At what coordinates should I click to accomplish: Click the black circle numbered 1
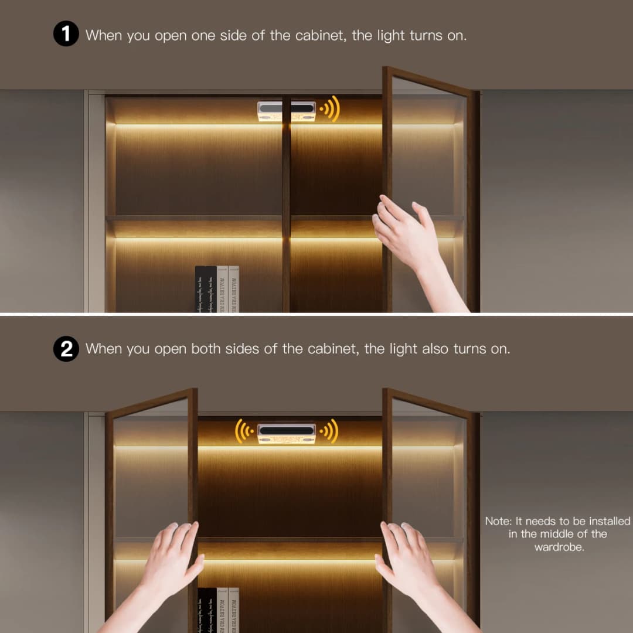pyautogui.click(x=66, y=35)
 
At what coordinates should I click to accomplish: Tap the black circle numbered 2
pyautogui.click(x=66, y=349)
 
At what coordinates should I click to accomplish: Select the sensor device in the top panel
pyautogui.click(x=287, y=111)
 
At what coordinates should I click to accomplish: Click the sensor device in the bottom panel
pyautogui.click(x=287, y=433)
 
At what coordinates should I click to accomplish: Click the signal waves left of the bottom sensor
pyautogui.click(x=244, y=431)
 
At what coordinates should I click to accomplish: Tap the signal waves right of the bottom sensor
pyautogui.click(x=329, y=431)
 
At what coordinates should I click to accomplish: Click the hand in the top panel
pyautogui.click(x=410, y=240)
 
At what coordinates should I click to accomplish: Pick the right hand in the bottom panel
pyautogui.click(x=410, y=563)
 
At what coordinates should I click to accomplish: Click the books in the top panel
pyautogui.click(x=217, y=289)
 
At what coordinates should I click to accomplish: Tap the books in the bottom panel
pyautogui.click(x=217, y=610)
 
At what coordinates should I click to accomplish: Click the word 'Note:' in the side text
pyautogui.click(x=499, y=521)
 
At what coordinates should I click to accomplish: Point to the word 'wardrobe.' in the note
pyautogui.click(x=559, y=547)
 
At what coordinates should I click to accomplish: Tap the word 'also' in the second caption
pyautogui.click(x=435, y=349)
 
